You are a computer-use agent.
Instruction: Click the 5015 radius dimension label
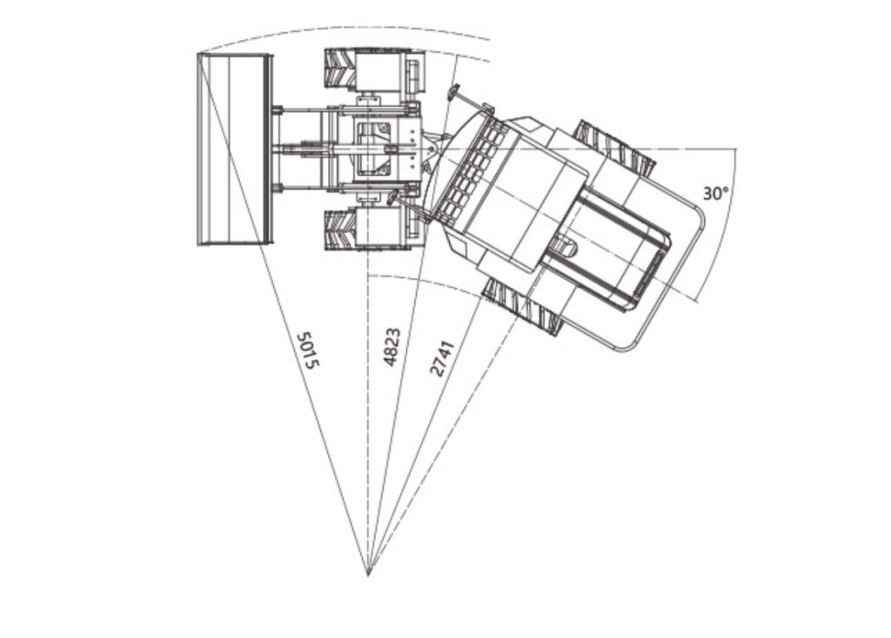click(309, 350)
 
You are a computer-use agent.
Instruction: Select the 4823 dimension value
click(392, 347)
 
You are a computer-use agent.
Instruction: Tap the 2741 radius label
click(442, 358)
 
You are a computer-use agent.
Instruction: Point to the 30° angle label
click(715, 194)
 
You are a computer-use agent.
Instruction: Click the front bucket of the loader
click(235, 150)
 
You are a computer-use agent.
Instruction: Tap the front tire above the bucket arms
click(341, 68)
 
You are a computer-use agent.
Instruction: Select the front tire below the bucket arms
click(340, 229)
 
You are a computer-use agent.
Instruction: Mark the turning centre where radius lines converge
click(368, 575)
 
